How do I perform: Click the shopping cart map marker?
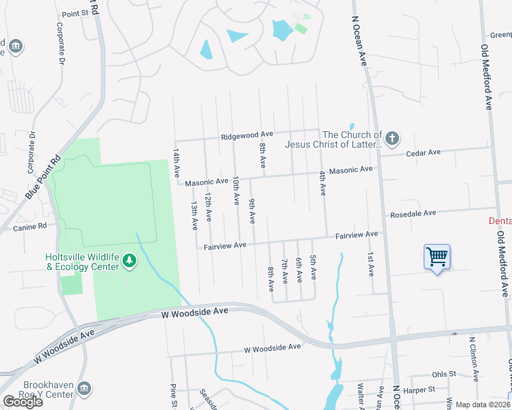(x=437, y=257)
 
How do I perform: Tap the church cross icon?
(x=392, y=139)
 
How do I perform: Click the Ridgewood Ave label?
(x=247, y=136)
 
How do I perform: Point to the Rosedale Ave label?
(x=413, y=213)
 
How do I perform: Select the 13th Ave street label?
(x=194, y=215)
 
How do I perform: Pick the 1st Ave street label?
(x=370, y=264)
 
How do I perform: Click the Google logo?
(x=23, y=402)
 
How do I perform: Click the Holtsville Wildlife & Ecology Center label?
(x=81, y=261)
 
